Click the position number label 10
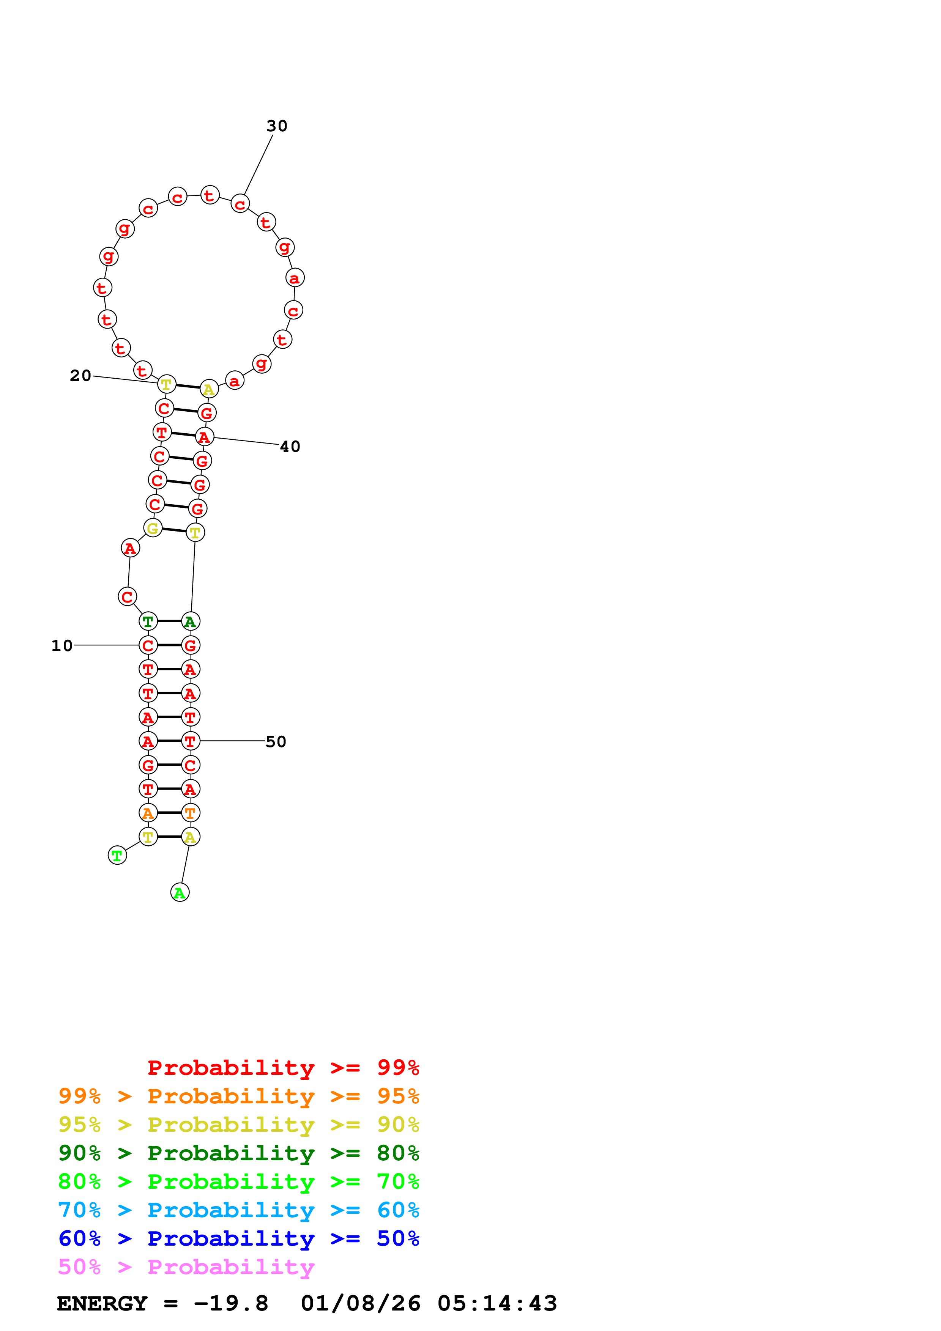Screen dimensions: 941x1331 tap(62, 646)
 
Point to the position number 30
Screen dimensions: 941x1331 tap(277, 126)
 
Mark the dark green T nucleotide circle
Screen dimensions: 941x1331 tap(148, 621)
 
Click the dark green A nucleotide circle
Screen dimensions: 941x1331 tap(190, 621)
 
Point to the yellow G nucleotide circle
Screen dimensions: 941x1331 tap(153, 528)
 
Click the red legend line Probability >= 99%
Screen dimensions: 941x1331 tap(283, 1068)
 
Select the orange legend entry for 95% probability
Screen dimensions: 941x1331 tap(238, 1096)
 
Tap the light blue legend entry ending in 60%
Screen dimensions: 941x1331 tap(238, 1210)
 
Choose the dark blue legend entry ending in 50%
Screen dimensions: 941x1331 tap(238, 1238)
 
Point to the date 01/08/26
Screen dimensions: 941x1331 tap(361, 1303)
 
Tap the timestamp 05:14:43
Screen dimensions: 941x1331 tap(497, 1303)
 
